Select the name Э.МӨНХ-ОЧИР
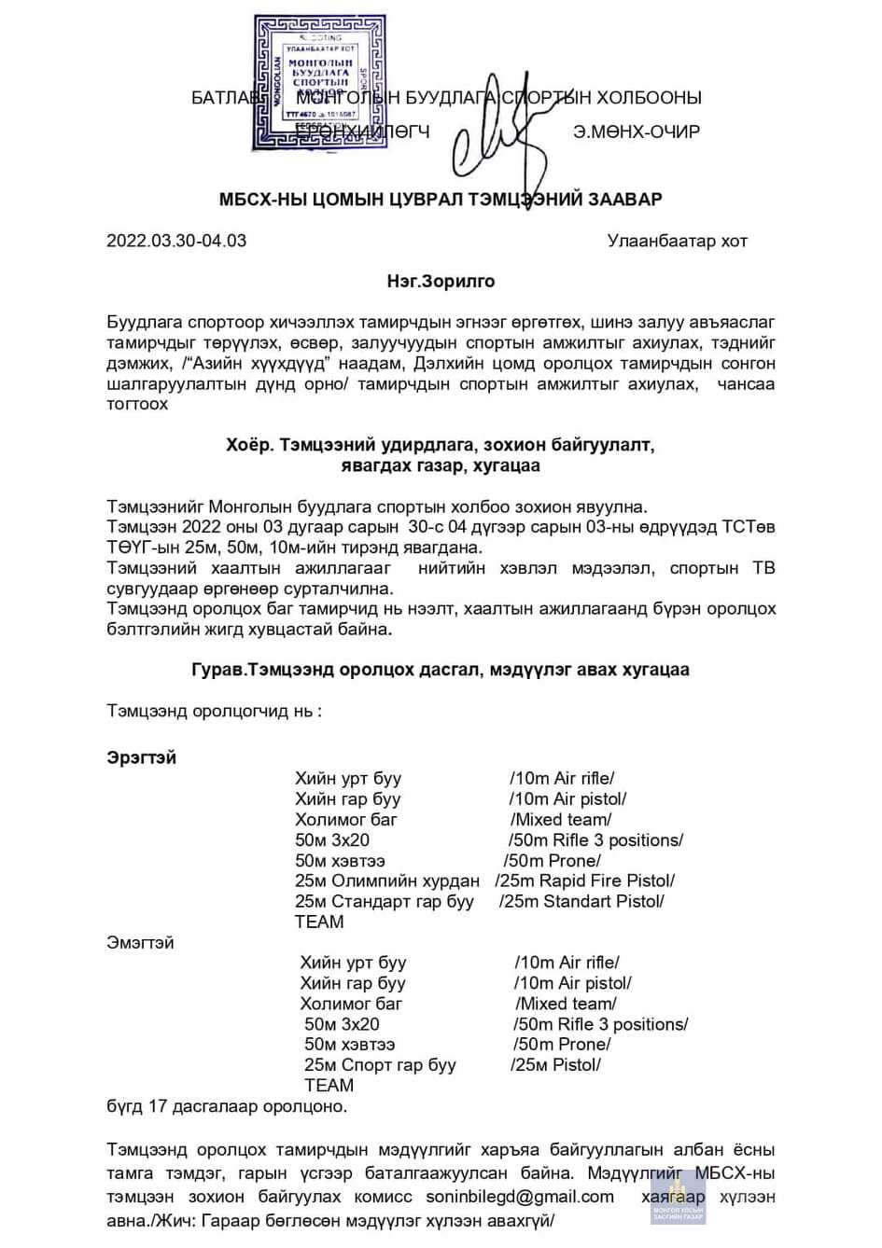(637, 132)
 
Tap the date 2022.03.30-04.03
(176, 241)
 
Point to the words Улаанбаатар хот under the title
(678, 242)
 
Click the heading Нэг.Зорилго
(441, 282)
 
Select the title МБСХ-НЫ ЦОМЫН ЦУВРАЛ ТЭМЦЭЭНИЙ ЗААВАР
(441, 200)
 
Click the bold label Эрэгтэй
(141, 758)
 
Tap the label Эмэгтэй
(140, 943)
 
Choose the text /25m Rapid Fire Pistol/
(584, 881)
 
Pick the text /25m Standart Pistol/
(581, 902)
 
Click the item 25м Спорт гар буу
(380, 1065)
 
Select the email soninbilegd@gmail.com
(520, 1197)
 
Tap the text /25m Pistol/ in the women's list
(555, 1065)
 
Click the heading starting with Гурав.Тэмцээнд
(441, 670)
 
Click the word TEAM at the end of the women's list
(329, 1086)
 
